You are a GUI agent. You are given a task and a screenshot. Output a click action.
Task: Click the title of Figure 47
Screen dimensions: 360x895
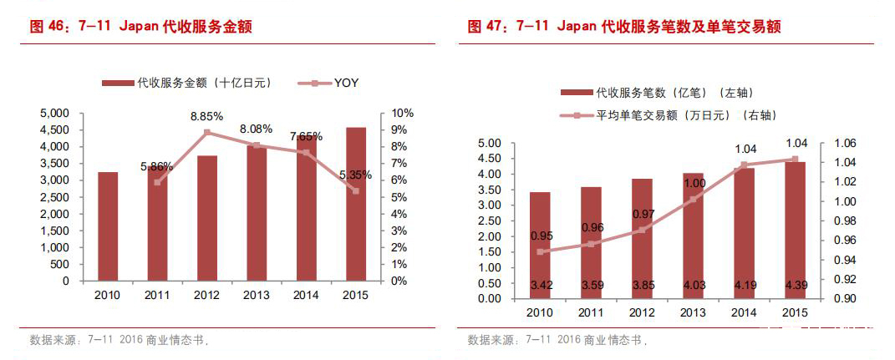pos(624,27)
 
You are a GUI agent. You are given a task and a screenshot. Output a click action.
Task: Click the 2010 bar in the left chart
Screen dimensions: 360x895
pos(108,226)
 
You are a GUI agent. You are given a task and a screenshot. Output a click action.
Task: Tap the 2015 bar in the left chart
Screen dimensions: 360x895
pos(356,204)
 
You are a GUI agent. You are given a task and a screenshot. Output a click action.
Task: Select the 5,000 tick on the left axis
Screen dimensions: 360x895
pos(55,113)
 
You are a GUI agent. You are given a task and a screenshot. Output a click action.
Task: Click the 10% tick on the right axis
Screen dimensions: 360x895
pos(400,113)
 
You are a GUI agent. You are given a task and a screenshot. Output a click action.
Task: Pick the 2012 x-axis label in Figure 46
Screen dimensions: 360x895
pos(206,295)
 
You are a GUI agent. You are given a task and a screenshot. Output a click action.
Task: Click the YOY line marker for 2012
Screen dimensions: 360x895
pos(206,133)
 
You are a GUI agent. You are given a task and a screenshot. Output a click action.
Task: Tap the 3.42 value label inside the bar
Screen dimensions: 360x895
pos(541,286)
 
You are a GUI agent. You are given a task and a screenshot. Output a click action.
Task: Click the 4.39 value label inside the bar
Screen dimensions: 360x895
pos(795,286)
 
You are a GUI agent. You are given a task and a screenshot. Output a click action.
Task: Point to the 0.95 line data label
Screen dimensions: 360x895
pos(542,236)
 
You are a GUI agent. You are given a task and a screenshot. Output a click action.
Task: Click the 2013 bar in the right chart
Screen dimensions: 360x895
pos(693,236)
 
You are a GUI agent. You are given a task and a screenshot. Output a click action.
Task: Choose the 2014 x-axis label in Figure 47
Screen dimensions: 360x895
pos(744,312)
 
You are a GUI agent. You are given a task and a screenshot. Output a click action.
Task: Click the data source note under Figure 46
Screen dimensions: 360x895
pos(120,341)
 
